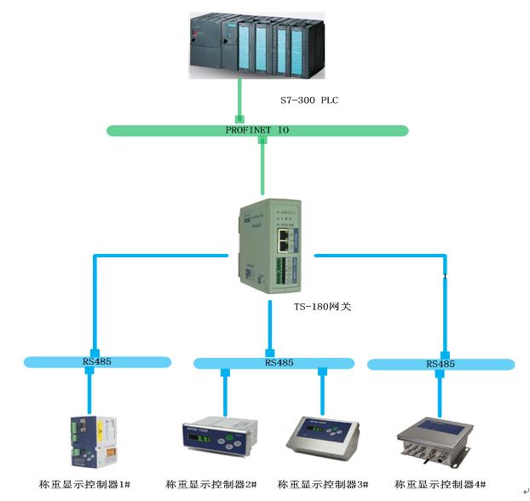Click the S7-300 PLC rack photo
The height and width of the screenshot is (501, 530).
click(x=256, y=47)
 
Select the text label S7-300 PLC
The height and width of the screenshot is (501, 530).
click(x=310, y=101)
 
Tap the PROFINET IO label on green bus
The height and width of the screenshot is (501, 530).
click(x=257, y=130)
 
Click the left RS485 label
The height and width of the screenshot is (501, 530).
click(x=95, y=361)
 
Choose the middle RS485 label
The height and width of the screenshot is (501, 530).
click(x=279, y=362)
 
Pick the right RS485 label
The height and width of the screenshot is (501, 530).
click(x=441, y=364)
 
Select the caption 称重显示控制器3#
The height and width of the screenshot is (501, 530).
click(x=323, y=484)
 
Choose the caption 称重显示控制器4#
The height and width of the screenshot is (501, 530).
click(x=441, y=484)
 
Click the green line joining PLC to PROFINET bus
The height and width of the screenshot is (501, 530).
click(x=241, y=101)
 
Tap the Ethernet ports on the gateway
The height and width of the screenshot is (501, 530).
click(x=284, y=240)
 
